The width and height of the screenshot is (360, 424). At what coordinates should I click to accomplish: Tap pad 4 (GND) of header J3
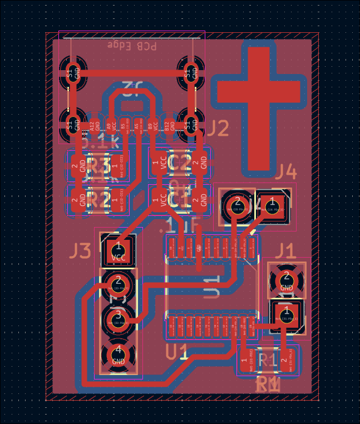pyautogui.click(x=118, y=354)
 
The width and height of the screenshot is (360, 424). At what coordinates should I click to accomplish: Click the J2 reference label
pyautogui.click(x=218, y=129)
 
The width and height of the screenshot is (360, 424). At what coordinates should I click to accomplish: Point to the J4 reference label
pyautogui.click(x=286, y=172)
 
